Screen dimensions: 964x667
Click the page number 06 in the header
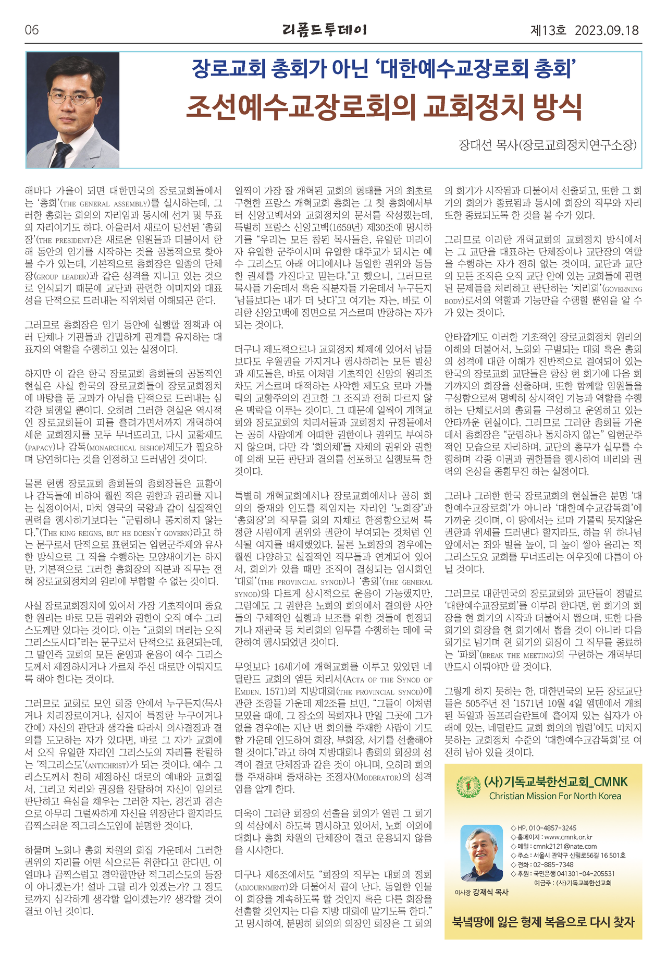32,30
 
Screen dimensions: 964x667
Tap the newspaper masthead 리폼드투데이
325,30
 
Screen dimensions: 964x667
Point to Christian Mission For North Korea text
555,796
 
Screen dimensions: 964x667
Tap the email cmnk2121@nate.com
565,846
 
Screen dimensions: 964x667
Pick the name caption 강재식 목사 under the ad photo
490,892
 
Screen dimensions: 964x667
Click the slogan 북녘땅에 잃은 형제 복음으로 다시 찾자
543,921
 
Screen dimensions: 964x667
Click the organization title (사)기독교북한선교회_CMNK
556,782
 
